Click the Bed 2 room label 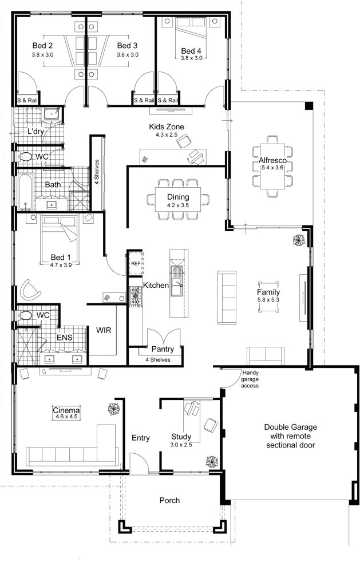tap(42, 46)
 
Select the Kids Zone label tap(166, 126)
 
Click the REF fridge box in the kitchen tap(135, 263)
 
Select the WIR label tap(104, 330)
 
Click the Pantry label tap(163, 349)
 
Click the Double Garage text tap(290, 427)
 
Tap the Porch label tap(169, 500)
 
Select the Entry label tap(140, 438)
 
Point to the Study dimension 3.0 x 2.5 tap(181, 445)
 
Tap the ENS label tap(64, 338)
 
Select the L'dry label tap(36, 132)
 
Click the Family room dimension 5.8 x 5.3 tap(268, 300)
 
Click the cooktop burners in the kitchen tap(136, 295)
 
